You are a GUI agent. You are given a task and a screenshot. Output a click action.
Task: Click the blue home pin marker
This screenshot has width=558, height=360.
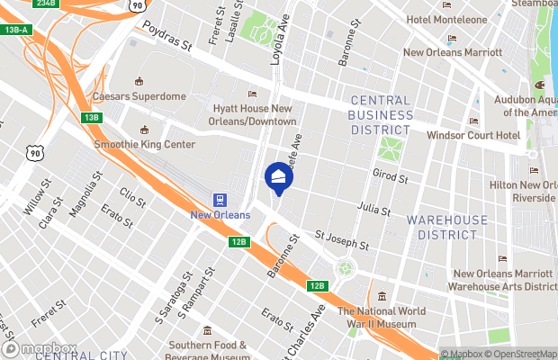tap(278, 177)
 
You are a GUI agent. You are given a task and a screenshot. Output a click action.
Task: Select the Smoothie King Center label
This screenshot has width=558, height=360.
tap(144, 143)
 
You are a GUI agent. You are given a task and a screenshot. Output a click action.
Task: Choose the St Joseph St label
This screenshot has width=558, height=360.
tap(341, 241)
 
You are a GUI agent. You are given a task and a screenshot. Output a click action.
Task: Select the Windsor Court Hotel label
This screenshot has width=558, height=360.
tap(473, 135)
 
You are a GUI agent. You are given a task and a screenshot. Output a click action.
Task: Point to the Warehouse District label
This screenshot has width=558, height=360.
tap(447, 227)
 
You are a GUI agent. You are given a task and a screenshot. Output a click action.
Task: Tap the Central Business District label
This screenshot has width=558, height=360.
tap(381, 115)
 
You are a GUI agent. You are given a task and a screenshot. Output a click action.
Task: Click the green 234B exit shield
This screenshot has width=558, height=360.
tap(46, 4)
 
